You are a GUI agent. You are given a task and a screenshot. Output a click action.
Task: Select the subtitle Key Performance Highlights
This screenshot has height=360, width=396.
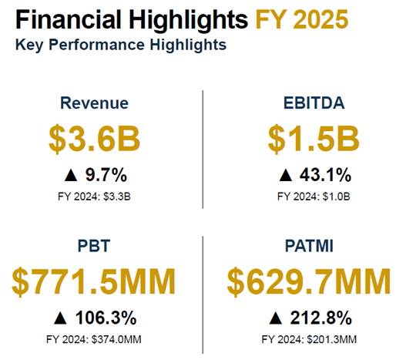[x=120, y=45]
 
